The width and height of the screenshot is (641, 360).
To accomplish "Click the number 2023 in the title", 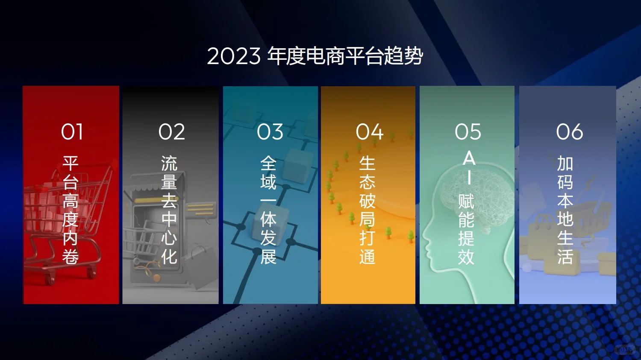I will coord(233,56).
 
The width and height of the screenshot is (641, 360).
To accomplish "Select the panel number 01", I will coord(72,132).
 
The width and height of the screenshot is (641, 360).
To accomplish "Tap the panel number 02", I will coord(171,132).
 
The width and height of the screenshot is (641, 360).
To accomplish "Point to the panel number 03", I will coord(270,132).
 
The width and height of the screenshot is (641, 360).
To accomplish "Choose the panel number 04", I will coord(369,132).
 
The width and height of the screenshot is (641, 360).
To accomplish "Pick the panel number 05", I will coord(468,132).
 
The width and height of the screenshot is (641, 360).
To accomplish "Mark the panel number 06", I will coord(569,132).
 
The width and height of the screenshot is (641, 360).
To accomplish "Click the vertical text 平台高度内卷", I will coord(71,210).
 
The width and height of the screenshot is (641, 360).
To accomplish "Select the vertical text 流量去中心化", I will coord(169,210).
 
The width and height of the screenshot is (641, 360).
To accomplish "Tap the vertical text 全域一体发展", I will coord(268,210).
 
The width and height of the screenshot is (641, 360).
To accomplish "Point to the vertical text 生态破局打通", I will coord(367,210).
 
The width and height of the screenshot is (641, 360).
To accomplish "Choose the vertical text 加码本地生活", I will coord(565,210).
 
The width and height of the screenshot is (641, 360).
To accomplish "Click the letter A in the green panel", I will coord(469,159).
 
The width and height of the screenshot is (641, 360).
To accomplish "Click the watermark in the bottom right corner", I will coord(624,350).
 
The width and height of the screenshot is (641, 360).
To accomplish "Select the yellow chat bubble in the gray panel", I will coord(200,210).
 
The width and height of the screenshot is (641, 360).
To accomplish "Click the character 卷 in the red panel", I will coord(71,257).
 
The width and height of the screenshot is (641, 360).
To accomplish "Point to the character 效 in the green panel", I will coord(466,257).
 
